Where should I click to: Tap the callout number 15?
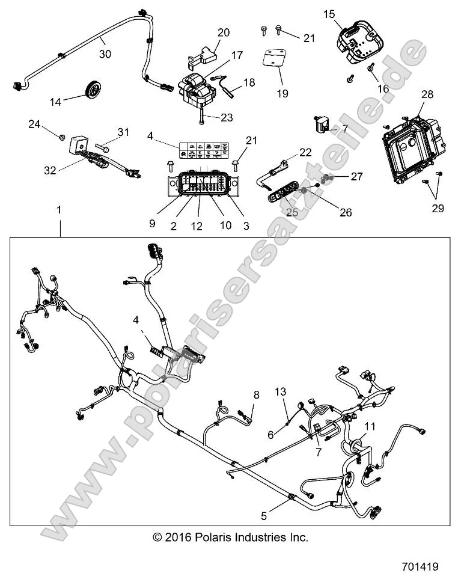tap(329, 13)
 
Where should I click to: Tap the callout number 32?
tap(50, 170)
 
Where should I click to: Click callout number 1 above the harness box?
tap(59, 210)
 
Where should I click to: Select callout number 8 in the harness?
tap(256, 395)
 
